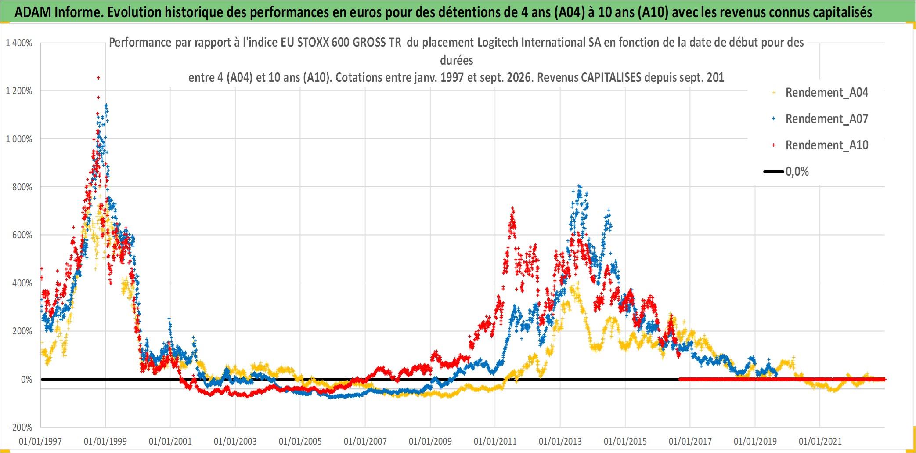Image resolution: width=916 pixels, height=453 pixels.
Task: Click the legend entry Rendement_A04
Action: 820,93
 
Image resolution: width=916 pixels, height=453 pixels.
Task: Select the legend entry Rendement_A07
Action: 820,119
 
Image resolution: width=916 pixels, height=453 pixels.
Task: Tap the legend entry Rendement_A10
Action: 820,145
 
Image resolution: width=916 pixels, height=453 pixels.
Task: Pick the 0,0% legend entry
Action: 786,172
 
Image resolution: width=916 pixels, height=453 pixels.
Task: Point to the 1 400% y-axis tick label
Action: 19,43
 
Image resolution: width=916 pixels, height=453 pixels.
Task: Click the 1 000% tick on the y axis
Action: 19,139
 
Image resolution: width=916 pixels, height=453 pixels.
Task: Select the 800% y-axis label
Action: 22,187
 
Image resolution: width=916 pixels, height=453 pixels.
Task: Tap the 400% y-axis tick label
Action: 22,283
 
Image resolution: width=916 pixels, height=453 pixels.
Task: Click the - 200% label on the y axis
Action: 20,428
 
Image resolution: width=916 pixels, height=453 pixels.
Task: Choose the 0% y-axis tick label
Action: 27,380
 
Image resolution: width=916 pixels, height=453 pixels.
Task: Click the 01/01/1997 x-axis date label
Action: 40,441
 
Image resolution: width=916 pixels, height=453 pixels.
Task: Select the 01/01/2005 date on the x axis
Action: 300,441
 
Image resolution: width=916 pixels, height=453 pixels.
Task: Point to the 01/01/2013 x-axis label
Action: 560,441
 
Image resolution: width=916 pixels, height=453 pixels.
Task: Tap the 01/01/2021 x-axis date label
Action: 820,441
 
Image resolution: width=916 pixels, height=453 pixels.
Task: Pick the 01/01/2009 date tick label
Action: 430,441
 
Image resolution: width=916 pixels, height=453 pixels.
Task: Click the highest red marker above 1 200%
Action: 98,78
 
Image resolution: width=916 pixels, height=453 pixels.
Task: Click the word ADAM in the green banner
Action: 33,12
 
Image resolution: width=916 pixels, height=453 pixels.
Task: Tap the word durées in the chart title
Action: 457,60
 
